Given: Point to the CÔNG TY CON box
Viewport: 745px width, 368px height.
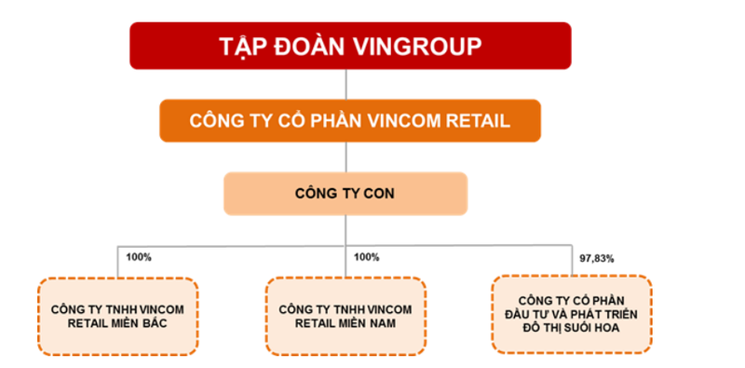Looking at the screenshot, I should pos(345,194).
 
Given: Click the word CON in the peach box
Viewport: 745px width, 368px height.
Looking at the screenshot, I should pos(378,194).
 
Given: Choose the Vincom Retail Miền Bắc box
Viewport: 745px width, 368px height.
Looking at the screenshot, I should pos(117,315).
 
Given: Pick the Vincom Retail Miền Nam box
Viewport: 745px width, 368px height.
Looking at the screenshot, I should pos(344,315).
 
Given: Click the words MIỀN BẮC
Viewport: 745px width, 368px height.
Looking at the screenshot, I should pos(149,323).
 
